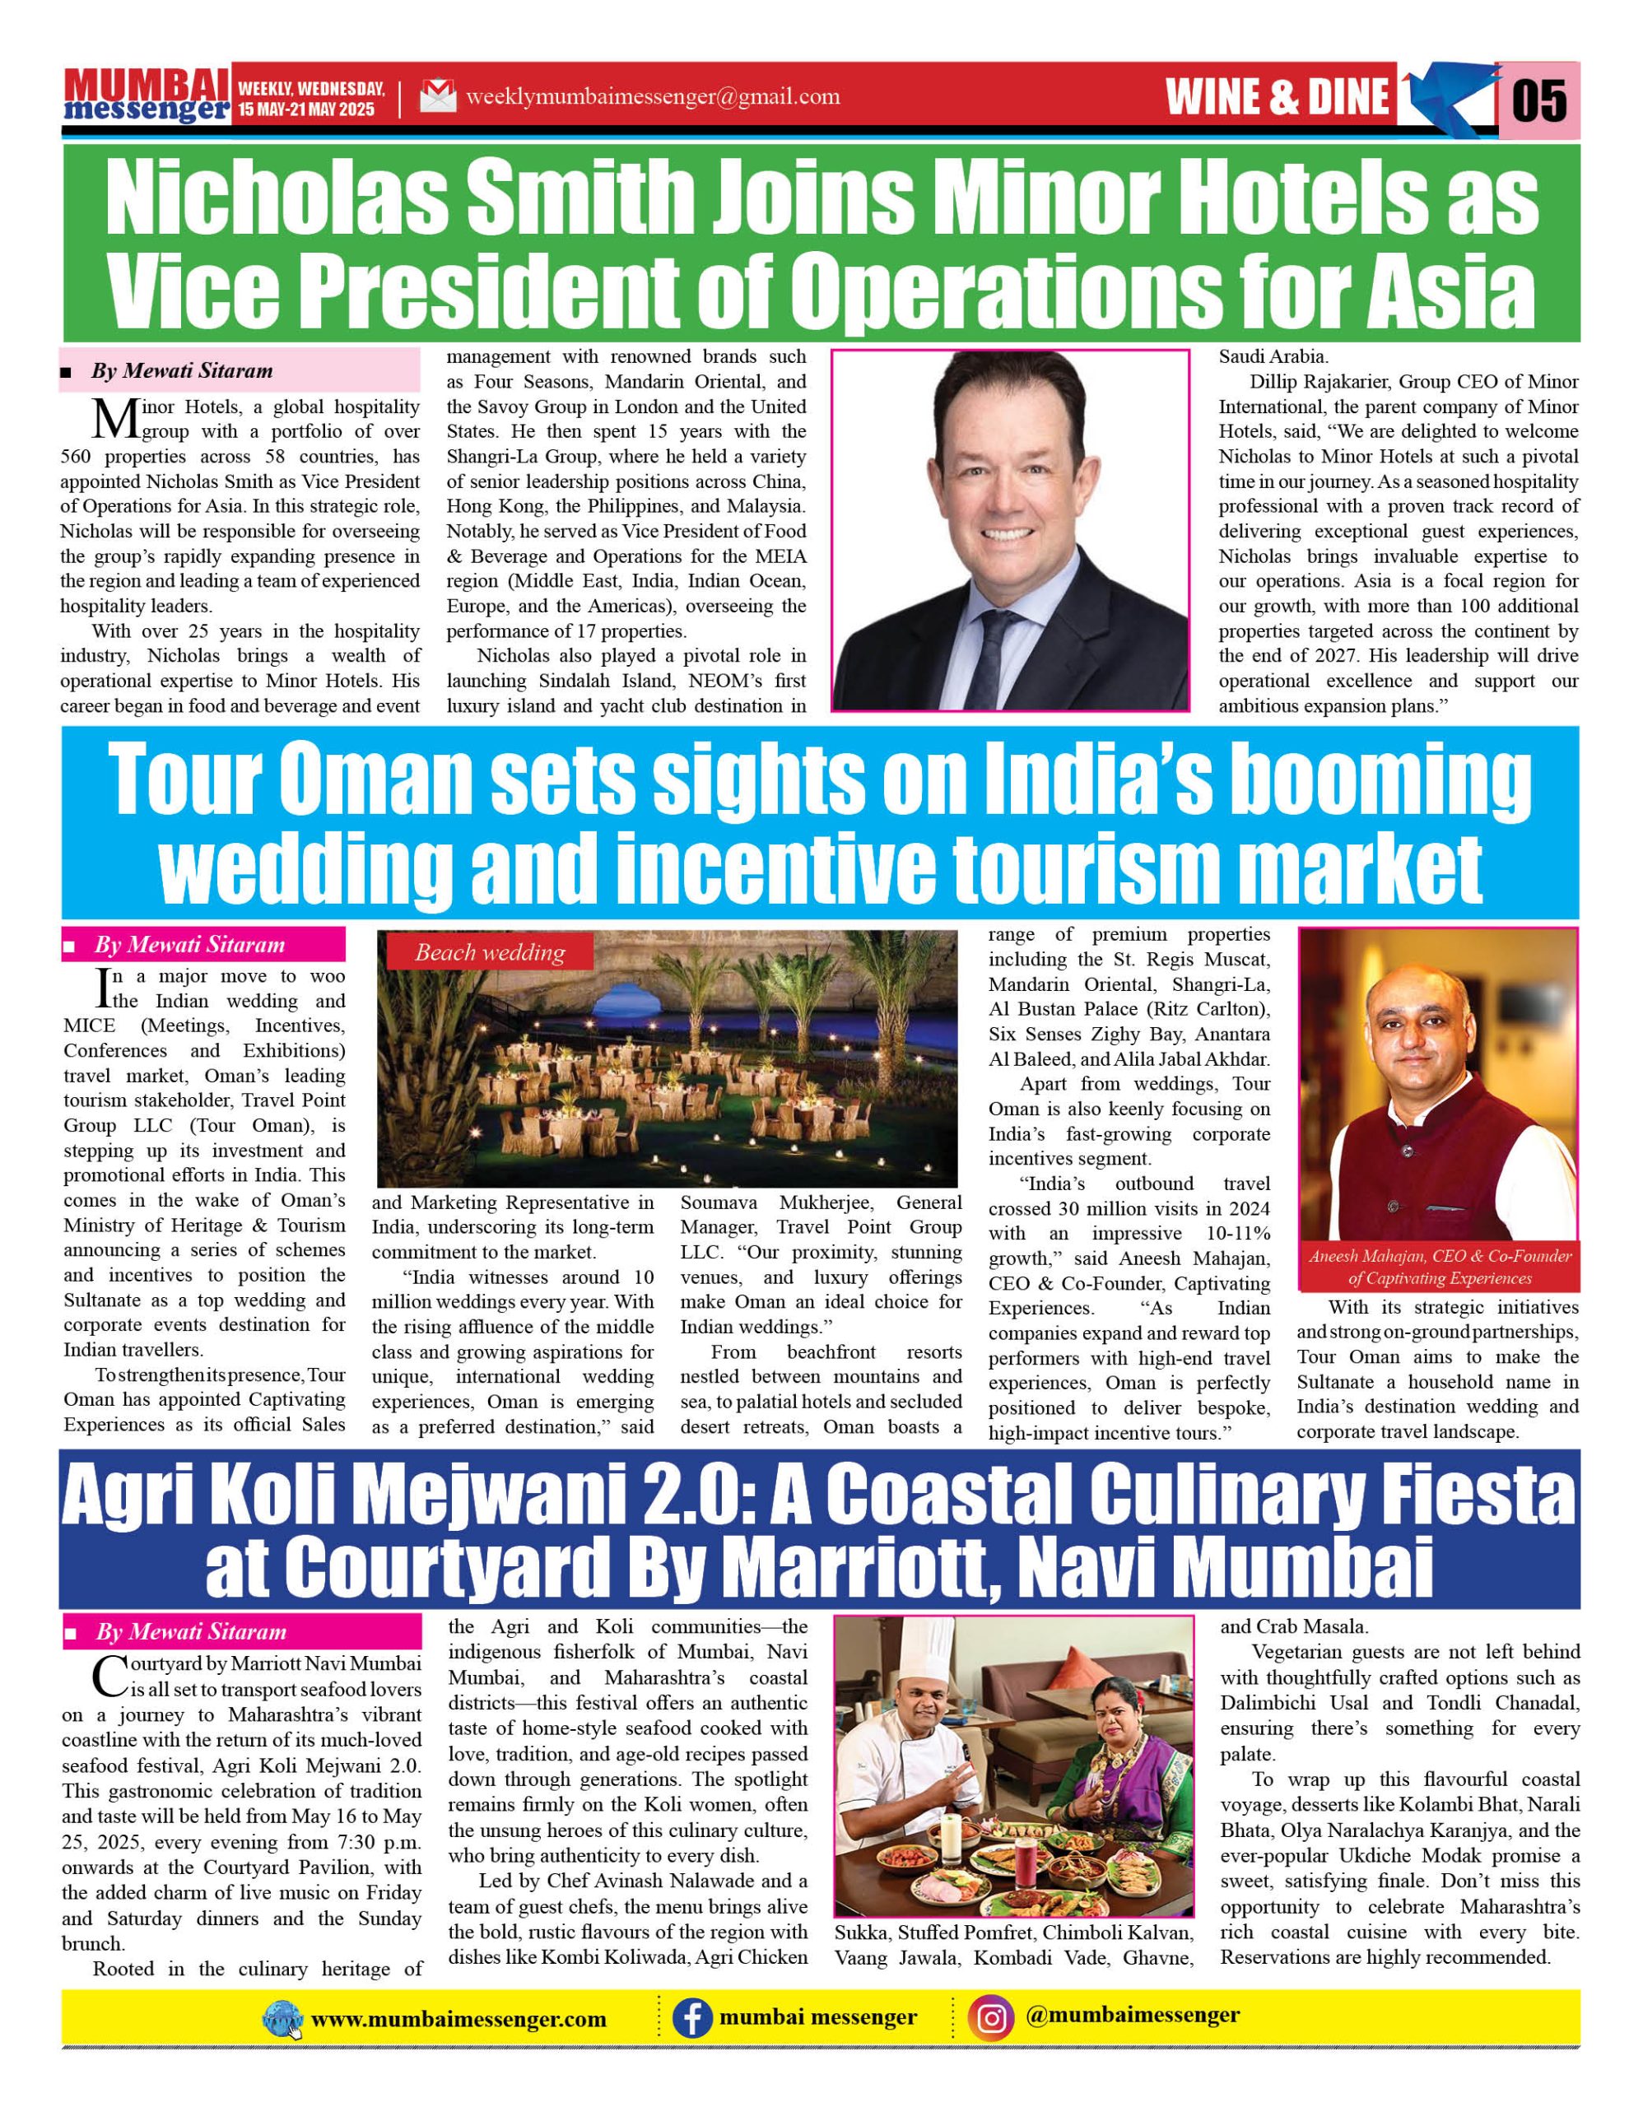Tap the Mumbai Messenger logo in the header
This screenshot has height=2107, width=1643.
coord(147,95)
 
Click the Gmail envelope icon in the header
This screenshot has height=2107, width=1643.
coord(438,96)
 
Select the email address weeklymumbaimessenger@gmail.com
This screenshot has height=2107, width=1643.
coord(652,96)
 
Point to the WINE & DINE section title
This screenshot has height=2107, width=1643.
coord(1277,97)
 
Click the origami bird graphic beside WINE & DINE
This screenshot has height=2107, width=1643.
coord(1447,97)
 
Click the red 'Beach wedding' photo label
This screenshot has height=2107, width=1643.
coord(490,953)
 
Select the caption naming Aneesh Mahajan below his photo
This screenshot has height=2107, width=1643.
coord(1440,1267)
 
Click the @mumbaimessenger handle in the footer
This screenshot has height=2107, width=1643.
coord(1133,2016)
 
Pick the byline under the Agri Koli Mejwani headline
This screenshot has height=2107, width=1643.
coord(191,1631)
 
